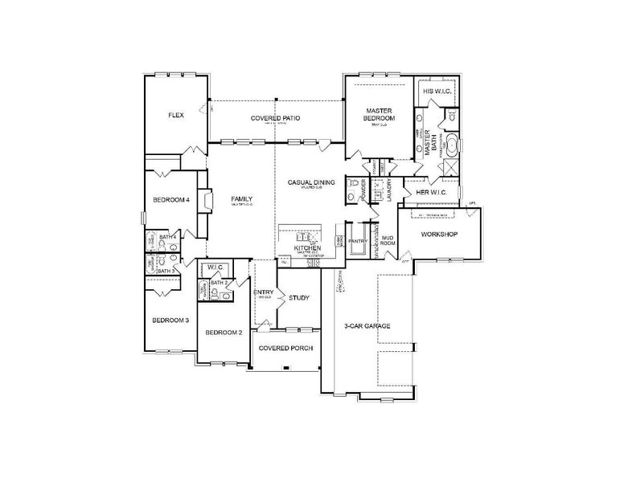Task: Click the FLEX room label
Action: [x=176, y=115]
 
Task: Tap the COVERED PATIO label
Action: [x=275, y=118]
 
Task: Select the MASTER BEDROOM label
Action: [x=378, y=115]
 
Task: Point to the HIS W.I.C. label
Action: [x=437, y=92]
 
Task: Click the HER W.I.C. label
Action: [x=433, y=192]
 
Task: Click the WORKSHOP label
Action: [x=439, y=234]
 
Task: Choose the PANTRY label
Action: [x=358, y=239]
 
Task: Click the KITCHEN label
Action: [x=307, y=249]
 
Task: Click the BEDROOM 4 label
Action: [x=170, y=200]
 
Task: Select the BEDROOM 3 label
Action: [x=170, y=320]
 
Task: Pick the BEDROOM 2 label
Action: [x=224, y=332]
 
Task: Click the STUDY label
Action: [x=299, y=298]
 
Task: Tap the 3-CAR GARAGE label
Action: [x=367, y=326]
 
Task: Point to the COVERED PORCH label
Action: [x=284, y=348]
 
